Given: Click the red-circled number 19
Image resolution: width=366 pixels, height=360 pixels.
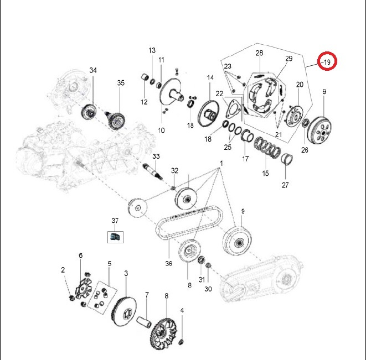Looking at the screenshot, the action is click(327, 62).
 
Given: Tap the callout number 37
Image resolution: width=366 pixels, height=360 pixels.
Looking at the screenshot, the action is click(115, 221).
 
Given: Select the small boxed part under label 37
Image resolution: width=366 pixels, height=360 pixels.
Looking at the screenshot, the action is click(115, 237).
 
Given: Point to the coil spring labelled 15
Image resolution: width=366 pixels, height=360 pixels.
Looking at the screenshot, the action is click(267, 148).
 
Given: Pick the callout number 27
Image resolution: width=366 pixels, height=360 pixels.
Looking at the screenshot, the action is click(285, 185).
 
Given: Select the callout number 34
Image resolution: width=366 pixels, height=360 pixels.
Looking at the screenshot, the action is click(93, 70).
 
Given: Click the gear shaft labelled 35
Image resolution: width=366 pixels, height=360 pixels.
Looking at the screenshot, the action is click(116, 119).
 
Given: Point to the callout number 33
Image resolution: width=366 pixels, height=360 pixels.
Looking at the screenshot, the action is click(156, 156).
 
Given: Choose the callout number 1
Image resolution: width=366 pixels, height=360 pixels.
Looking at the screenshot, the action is click(221, 164).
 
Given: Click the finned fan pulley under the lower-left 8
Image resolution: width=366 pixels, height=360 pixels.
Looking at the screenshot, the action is click(163, 335).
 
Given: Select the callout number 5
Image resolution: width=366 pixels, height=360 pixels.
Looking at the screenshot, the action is click(110, 264).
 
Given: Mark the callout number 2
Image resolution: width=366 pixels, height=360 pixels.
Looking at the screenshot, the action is click(63, 270).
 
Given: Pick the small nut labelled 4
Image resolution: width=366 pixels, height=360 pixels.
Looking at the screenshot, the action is click(181, 342).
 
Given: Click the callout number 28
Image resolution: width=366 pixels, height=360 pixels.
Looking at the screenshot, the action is click(259, 53).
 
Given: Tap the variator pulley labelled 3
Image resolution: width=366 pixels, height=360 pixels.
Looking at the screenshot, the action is click(124, 312).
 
